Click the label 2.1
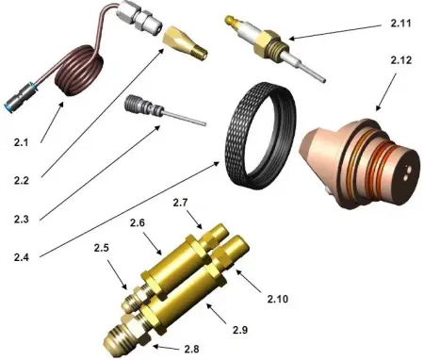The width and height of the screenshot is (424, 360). point(22,142)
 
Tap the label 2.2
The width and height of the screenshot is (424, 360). point(22,180)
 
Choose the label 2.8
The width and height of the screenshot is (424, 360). point(191,350)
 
